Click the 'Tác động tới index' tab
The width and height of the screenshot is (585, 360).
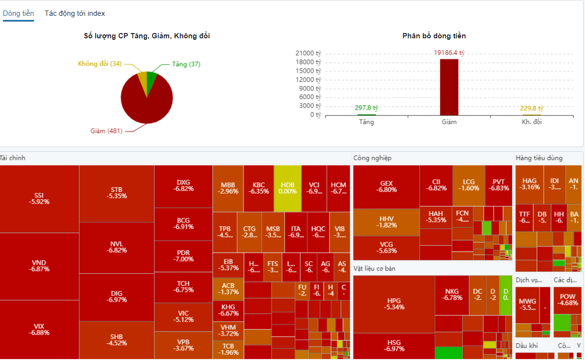click(75, 13)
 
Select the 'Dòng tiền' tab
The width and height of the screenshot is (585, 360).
click(18, 13)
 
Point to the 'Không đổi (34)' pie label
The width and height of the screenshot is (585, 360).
click(99, 64)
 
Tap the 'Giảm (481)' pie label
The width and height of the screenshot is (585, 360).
click(107, 131)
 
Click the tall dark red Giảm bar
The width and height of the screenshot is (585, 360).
click(449, 87)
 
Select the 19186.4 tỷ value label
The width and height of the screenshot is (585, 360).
click(449, 53)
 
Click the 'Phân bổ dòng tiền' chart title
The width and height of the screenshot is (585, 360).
click(434, 36)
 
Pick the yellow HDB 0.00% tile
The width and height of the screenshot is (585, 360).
click(287, 189)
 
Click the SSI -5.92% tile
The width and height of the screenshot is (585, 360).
click(39, 199)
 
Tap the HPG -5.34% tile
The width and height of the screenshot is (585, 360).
click(394, 304)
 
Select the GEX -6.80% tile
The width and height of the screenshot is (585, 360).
click(386, 187)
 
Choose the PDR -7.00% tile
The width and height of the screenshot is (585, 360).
click(183, 256)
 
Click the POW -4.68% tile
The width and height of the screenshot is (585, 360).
click(567, 300)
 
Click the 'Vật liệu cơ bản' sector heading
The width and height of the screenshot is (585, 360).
click(374, 269)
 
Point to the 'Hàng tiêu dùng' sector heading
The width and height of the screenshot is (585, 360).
click(539, 158)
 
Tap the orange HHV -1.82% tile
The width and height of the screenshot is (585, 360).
click(386, 222)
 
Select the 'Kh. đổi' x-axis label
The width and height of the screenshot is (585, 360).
click(531, 122)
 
